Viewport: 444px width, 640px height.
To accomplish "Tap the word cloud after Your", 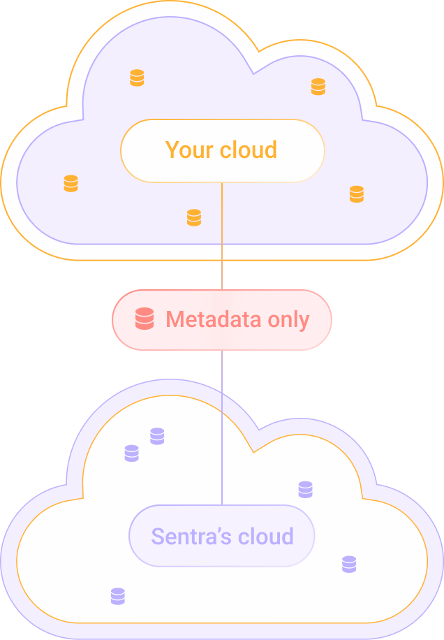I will click(249, 150).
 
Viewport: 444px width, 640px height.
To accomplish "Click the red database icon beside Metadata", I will click(145, 319).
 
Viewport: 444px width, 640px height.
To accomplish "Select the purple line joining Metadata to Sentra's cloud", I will click(222, 426).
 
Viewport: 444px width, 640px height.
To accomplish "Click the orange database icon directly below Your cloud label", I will click(194, 217).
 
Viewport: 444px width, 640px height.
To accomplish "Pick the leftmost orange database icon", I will click(71, 183).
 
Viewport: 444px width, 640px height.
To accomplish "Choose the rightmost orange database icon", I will click(357, 194).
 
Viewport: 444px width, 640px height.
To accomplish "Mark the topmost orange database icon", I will click(137, 78).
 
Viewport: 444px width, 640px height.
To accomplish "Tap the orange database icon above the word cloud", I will click(318, 87).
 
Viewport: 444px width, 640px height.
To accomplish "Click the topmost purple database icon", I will click(157, 436).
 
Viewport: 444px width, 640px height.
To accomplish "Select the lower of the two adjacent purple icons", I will click(131, 453).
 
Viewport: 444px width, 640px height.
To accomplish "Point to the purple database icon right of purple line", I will click(305, 489).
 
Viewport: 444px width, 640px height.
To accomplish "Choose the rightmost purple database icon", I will click(349, 564).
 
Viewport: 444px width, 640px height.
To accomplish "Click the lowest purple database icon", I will click(118, 596).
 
